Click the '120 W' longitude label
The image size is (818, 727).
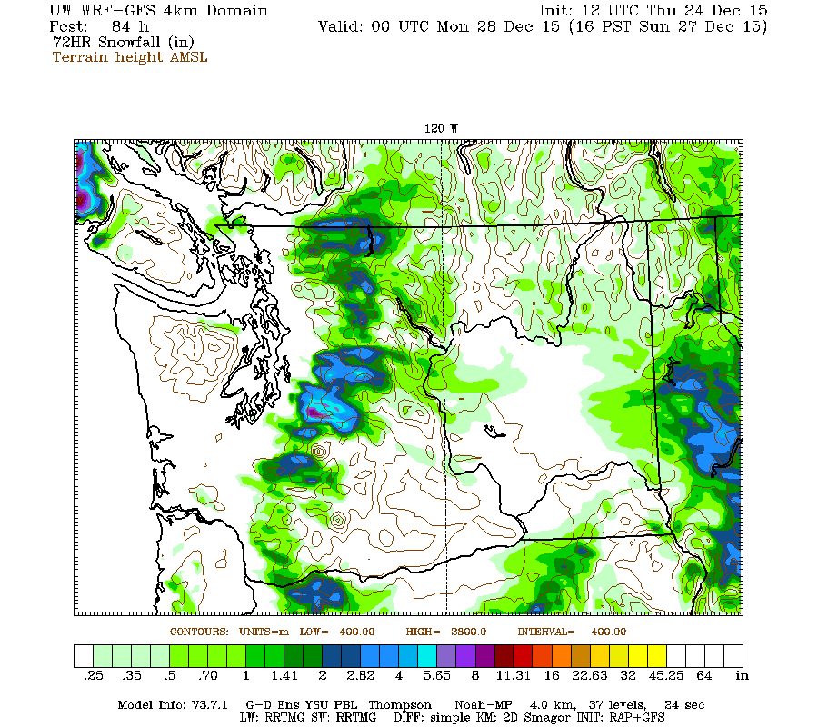click(442, 129)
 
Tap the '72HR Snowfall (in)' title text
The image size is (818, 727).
click(117, 42)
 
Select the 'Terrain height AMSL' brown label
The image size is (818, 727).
click(130, 57)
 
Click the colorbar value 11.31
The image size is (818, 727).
click(514, 676)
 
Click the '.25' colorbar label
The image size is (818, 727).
click(93, 676)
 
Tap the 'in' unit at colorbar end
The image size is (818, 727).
click(742, 676)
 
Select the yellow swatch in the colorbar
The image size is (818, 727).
click(656, 656)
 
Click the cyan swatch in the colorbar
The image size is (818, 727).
click(427, 656)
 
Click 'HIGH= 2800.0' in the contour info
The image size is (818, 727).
click(445, 631)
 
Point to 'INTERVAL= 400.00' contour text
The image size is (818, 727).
click(572, 631)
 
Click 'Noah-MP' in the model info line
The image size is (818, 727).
click(479, 705)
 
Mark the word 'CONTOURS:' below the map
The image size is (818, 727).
click(199, 631)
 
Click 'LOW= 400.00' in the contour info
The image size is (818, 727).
click(331, 631)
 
